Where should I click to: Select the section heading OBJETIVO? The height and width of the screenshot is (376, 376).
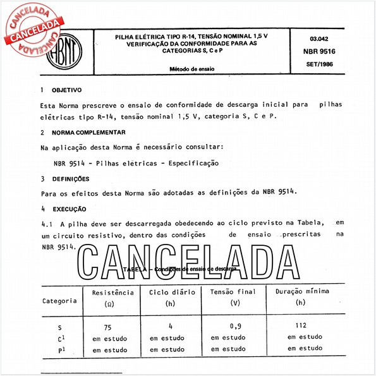pyautogui.click(x=66, y=90)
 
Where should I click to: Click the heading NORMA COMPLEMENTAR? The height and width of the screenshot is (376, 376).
pyautogui.click(x=88, y=133)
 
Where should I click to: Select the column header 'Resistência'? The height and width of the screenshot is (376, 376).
pyautogui.click(x=113, y=293)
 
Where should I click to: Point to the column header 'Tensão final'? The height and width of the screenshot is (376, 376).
pyautogui.click(x=233, y=293)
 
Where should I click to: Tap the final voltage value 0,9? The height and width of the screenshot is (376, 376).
pyautogui.click(x=235, y=327)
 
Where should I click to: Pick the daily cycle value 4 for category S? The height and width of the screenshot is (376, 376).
pyautogui.click(x=171, y=327)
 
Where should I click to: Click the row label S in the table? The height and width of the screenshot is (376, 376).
pyautogui.click(x=59, y=327)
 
